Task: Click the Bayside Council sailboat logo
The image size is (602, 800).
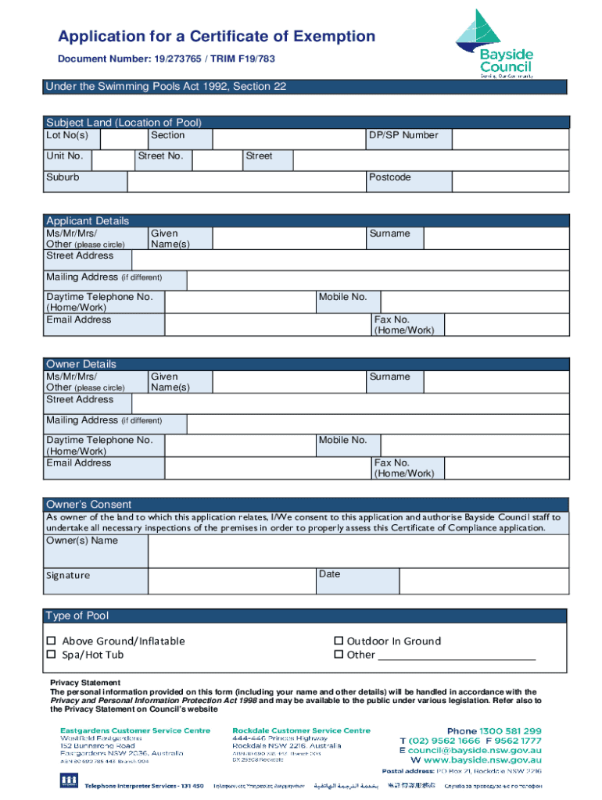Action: (x=494, y=43)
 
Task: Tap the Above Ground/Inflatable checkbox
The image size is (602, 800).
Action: (x=52, y=641)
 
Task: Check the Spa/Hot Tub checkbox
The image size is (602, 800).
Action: (x=52, y=655)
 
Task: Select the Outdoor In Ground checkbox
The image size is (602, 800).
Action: (x=339, y=641)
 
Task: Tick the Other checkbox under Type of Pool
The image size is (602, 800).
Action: (x=339, y=655)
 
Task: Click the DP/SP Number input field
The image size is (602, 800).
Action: (x=510, y=138)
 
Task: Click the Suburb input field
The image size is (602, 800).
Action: (x=246, y=181)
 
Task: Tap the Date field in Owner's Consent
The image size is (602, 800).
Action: (x=483, y=581)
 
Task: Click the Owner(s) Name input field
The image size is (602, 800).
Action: (x=357, y=550)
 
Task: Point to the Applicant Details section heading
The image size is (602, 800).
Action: (x=88, y=221)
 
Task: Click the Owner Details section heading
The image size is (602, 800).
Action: (x=81, y=364)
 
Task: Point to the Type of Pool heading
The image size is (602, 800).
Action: (x=77, y=616)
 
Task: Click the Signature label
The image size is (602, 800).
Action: (x=68, y=576)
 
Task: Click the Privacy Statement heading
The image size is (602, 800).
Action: (x=85, y=683)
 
